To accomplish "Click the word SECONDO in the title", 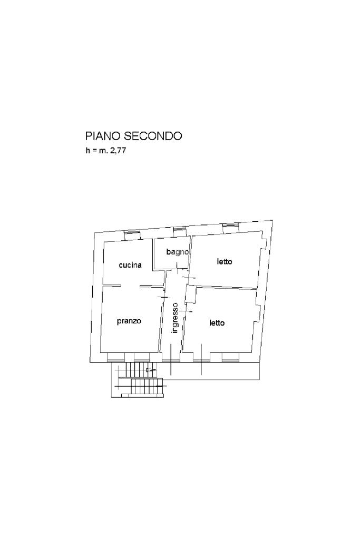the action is click(x=153, y=136).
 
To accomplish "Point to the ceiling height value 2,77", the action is click(x=118, y=151).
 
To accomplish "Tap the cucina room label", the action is click(x=130, y=265).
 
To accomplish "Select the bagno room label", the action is click(x=177, y=252).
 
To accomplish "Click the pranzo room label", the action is click(x=129, y=321).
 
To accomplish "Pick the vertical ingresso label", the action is click(x=174, y=318).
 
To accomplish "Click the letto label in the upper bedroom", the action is click(x=225, y=262).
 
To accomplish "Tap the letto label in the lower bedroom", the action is click(x=217, y=323).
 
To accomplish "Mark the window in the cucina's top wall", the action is click(x=132, y=234).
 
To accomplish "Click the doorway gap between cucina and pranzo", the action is click(x=130, y=285).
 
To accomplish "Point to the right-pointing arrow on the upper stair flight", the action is click(x=151, y=370).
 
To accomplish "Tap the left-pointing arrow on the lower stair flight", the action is click(x=159, y=386).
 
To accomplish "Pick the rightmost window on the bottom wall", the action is click(x=230, y=357).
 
